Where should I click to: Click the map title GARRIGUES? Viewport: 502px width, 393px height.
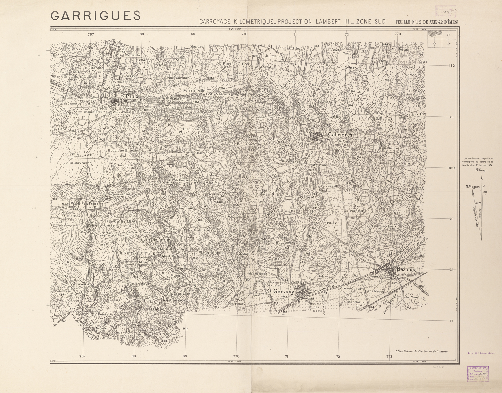click(96, 16)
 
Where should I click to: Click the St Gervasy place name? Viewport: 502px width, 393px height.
click(280, 291)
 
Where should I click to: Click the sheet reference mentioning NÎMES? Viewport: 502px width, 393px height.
click(427, 22)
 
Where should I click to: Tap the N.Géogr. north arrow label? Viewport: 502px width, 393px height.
click(483, 170)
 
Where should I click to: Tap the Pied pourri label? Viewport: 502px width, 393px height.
click(192, 129)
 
